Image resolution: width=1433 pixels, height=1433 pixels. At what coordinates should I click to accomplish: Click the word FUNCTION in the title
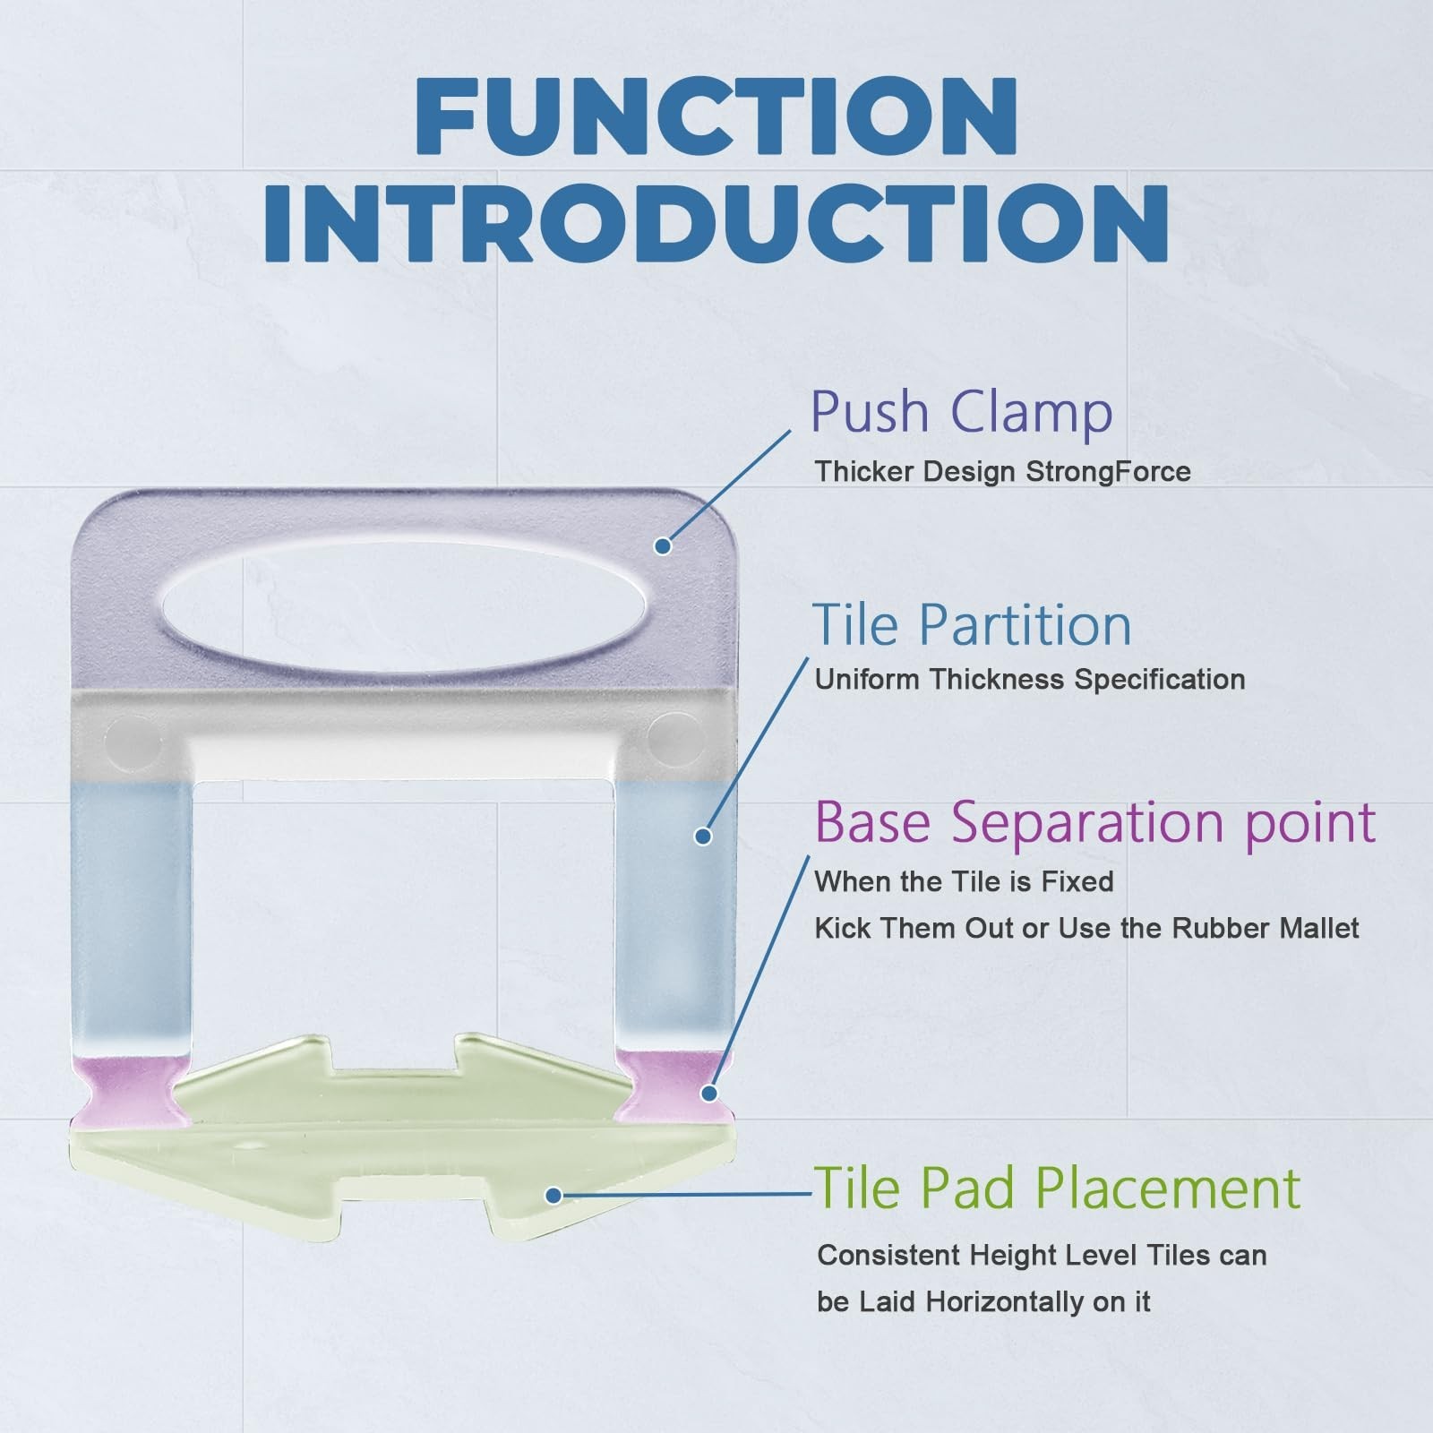(716, 116)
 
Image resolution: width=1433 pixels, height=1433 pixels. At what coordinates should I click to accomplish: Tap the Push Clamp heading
(961, 413)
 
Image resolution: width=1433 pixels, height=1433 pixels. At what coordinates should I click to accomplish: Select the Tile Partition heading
(972, 624)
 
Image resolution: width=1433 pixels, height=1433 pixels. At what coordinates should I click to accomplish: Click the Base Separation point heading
(1095, 822)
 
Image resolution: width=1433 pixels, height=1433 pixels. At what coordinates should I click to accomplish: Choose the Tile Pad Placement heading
(1057, 1188)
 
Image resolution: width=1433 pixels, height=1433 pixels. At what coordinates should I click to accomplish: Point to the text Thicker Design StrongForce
(1003, 472)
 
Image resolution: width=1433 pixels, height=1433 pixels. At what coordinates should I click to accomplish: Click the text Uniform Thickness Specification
(1030, 680)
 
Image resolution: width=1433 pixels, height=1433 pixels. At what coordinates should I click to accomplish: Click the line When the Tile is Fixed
(965, 882)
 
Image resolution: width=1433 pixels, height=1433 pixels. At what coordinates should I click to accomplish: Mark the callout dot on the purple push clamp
(663, 545)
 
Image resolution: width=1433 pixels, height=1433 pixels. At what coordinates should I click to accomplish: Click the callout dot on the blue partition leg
(703, 837)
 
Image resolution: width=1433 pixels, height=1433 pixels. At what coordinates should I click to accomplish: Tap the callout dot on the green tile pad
(553, 1195)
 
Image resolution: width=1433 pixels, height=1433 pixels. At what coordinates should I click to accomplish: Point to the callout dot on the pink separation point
(709, 1093)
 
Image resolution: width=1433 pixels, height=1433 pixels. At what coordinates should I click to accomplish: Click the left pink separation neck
(132, 1089)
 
